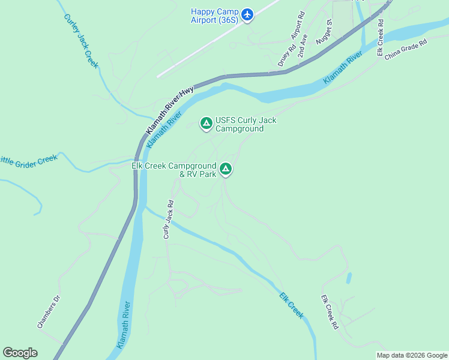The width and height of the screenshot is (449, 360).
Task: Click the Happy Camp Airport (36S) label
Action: point(214,16)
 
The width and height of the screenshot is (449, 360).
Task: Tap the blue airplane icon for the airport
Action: point(248,13)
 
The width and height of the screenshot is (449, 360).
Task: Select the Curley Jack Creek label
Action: point(80,40)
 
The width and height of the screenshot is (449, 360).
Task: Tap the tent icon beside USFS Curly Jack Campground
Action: point(206,124)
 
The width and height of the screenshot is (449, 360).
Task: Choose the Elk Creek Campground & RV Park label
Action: point(173,170)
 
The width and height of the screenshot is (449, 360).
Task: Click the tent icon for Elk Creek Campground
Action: point(226,170)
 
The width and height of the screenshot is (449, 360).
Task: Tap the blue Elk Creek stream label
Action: point(292,305)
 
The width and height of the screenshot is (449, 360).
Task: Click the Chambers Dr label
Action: point(49,311)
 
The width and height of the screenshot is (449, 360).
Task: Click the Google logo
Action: point(20,353)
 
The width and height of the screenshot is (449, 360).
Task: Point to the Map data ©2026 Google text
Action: point(412,355)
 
